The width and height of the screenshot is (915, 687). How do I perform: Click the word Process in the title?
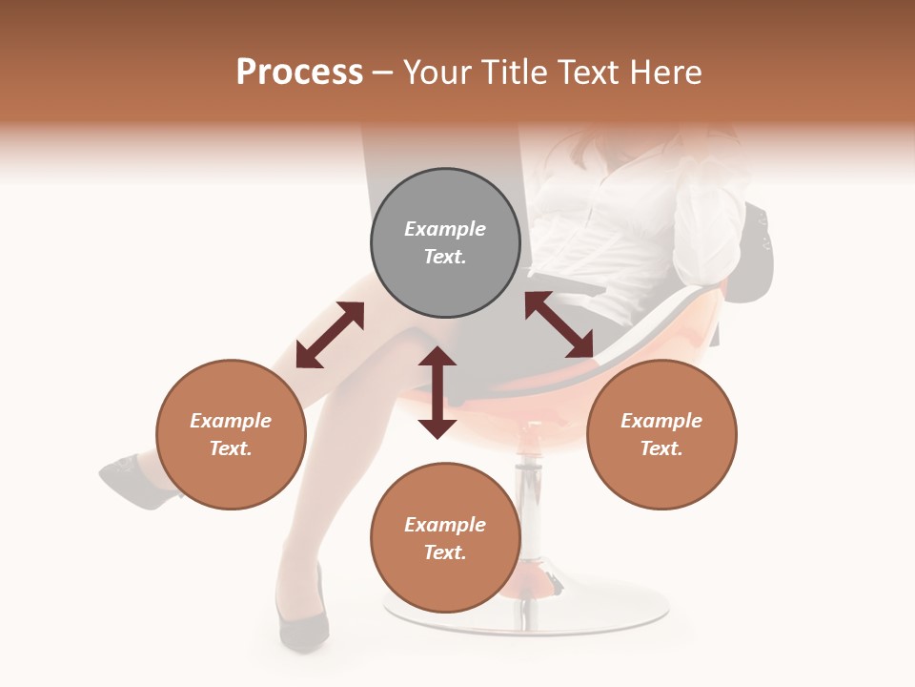tap(299, 73)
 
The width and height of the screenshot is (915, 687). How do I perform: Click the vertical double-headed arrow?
tap(437, 392)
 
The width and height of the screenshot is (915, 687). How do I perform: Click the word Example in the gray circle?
tap(445, 229)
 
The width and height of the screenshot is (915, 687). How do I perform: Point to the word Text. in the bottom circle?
tap(445, 552)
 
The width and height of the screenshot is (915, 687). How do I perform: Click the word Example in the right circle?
tap(661, 421)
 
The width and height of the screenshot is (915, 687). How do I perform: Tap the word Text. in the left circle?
tap(231, 448)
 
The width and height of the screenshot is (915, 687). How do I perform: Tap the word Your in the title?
tap(439, 73)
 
